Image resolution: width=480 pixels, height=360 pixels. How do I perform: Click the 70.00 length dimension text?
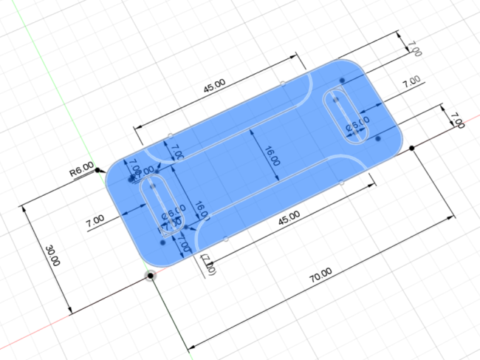coord(320,276)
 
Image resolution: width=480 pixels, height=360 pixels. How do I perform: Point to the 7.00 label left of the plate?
coord(95,220)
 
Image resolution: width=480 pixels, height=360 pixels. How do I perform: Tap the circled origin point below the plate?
coord(151,276)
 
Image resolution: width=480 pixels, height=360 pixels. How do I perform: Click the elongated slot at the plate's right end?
coord(346,115)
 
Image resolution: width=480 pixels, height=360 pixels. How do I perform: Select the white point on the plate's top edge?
coord(283,82)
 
